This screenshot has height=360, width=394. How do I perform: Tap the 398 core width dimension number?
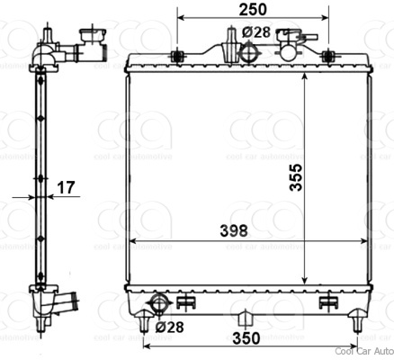pos(234,230)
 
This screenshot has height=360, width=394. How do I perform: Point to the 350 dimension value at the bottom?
pos(246,338)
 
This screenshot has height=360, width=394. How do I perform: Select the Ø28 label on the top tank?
pos(257,32)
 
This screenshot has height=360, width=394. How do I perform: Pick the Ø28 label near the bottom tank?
pos(170,327)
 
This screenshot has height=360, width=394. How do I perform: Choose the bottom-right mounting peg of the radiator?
pos(356,316)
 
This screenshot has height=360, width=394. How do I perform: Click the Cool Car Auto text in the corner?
pos(363,351)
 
